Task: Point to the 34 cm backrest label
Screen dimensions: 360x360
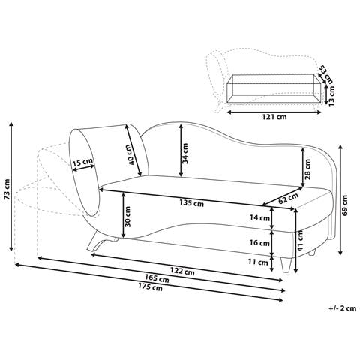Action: coord(184,152)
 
